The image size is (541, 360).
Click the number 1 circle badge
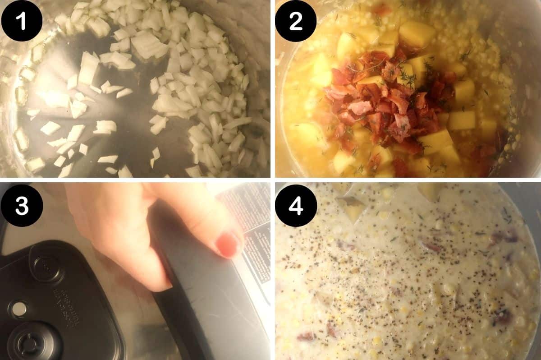point(22,21)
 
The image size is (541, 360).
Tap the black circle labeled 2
point(296,21)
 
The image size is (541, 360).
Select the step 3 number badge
point(22,205)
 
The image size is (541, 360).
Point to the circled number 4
point(296,205)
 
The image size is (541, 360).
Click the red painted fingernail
point(228,245)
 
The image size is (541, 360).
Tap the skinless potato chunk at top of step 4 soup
point(431,191)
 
